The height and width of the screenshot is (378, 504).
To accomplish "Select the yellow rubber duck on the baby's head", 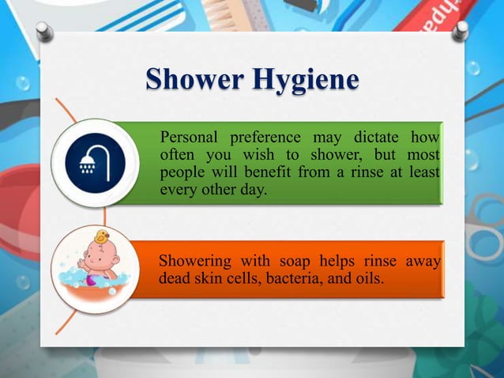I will pyautogui.click(x=101, y=236).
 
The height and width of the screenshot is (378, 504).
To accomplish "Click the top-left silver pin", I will pyautogui.click(x=44, y=32).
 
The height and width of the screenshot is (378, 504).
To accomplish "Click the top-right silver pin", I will pyautogui.click(x=460, y=31).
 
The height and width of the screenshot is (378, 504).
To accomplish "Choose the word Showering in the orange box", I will pyautogui.click(x=195, y=262).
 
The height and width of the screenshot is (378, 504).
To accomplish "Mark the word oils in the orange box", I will pyautogui.click(x=367, y=279).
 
